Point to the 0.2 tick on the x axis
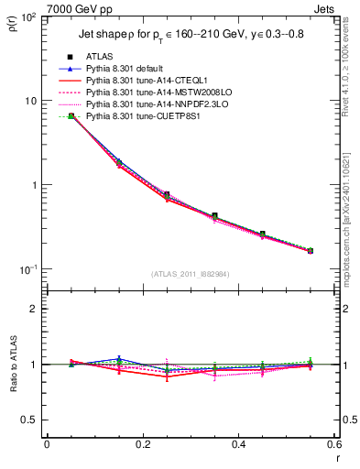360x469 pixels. (142, 445)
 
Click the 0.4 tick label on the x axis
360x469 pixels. (238, 445)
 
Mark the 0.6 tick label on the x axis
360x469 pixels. (334, 445)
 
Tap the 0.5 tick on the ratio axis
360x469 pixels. (32, 420)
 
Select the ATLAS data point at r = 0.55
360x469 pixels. (311, 250)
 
